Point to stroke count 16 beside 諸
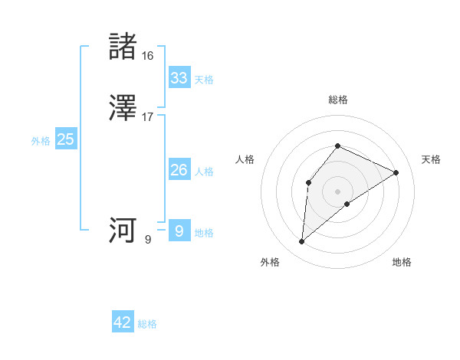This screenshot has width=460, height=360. point(147,55)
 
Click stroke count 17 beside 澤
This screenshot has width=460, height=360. point(148,117)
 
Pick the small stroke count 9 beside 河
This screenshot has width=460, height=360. point(148,239)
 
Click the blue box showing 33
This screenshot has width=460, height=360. point(179,78)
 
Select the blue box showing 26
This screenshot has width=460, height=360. point(179,170)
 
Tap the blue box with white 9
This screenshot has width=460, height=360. point(179,231)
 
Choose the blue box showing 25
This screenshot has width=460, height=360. point(65,139)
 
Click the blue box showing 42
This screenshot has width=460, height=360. point(123,322)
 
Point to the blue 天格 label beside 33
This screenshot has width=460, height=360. point(204,80)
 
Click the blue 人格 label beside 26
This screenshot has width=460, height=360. point(204,172)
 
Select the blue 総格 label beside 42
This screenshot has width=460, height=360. point(147,324)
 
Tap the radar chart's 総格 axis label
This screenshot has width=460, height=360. point(337,100)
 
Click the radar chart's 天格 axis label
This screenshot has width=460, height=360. point(431,159)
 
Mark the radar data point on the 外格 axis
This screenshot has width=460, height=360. point(301,242)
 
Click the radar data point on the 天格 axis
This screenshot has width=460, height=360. point(396,172)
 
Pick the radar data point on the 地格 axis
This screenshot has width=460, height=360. point(347,204)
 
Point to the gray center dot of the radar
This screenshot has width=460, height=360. point(337,191)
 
